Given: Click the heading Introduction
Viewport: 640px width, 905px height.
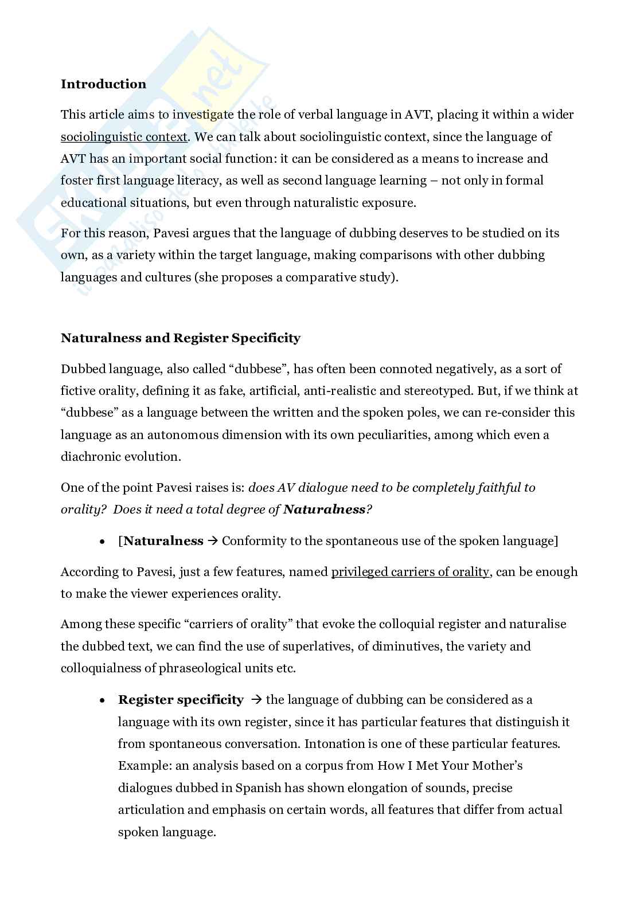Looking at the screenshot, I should click(103, 84).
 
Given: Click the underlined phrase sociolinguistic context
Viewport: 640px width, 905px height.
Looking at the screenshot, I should click(124, 137).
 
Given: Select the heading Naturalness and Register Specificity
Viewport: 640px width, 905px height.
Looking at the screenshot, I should click(180, 338).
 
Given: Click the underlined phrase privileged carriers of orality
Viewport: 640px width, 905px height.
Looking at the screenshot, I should click(410, 572).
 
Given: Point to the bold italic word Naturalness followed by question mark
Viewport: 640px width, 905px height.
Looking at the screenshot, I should click(324, 510).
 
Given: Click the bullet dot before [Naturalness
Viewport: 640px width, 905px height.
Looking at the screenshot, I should click(102, 542).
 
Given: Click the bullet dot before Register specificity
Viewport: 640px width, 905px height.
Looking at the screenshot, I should click(102, 700).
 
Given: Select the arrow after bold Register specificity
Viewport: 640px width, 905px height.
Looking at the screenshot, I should click(256, 700).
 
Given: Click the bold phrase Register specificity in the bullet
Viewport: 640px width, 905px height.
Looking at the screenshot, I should click(181, 700).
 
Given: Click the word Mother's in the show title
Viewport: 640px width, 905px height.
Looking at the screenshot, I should click(498, 766).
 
